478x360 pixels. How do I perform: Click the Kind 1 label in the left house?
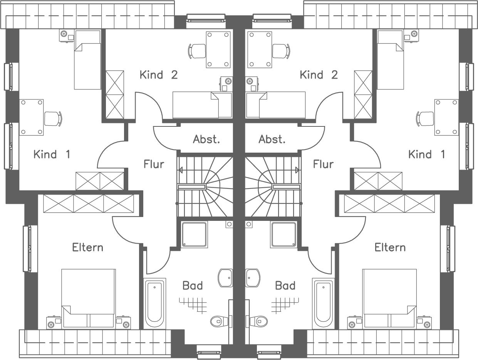coord(52,155)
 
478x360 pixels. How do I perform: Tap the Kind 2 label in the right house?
coord(319,74)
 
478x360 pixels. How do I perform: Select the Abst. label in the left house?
coord(206,139)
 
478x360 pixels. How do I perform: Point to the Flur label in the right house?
coord(323,164)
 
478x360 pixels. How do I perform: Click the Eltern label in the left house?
coord(88,247)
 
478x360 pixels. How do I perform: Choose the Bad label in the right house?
coord(285,286)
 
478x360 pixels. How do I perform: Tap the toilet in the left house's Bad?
coord(220,320)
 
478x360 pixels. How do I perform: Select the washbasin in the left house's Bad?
coord(225,278)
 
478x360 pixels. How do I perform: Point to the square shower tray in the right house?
coord(283,234)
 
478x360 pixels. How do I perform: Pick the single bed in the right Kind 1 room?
coord(390,60)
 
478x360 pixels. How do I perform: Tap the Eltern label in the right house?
coord(390,247)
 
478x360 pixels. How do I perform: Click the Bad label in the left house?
coord(193,286)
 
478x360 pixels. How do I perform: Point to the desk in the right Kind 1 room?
coord(446,117)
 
